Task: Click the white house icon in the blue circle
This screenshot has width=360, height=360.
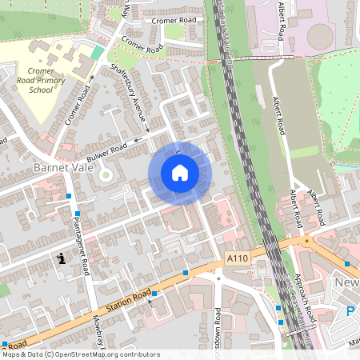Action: point(180,173)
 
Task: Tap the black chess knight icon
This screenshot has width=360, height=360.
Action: point(62,258)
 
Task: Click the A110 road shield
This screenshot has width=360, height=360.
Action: point(237,258)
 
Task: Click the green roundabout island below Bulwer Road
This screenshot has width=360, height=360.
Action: point(106,174)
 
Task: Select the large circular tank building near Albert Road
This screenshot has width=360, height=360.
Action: point(321,35)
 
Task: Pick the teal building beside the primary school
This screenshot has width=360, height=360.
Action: point(97,51)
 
